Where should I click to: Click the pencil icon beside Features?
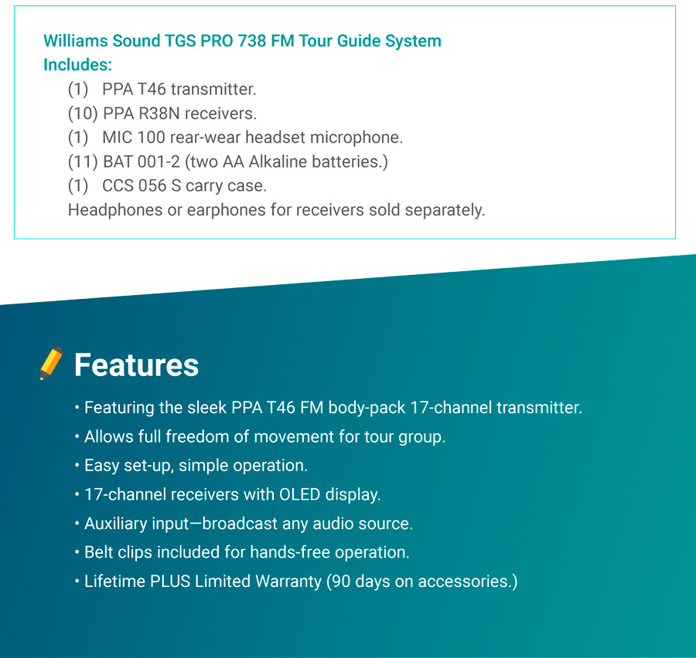(x=51, y=363)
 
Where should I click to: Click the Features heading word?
(x=136, y=365)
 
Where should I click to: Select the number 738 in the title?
(x=251, y=41)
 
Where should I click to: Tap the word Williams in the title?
(x=76, y=41)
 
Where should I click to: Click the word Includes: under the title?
(x=77, y=65)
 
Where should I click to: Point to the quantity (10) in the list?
(x=83, y=114)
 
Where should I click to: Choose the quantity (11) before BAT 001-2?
(x=83, y=162)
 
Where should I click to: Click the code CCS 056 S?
(x=142, y=186)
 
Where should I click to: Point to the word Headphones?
(x=115, y=210)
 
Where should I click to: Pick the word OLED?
(x=299, y=494)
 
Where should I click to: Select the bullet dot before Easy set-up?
(x=77, y=466)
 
